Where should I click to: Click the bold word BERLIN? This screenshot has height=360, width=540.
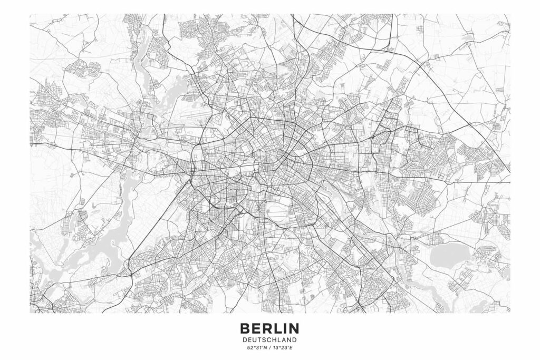tap(269, 328)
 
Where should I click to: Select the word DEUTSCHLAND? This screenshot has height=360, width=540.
tap(269, 340)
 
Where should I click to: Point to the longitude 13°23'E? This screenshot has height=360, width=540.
tap(283, 348)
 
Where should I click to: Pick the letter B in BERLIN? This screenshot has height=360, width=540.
tap(245, 328)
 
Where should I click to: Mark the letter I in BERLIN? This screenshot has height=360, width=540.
tap(283, 328)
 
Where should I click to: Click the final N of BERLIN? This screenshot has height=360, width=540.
tap(293, 328)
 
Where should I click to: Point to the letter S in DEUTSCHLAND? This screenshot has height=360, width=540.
tap(262, 340)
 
